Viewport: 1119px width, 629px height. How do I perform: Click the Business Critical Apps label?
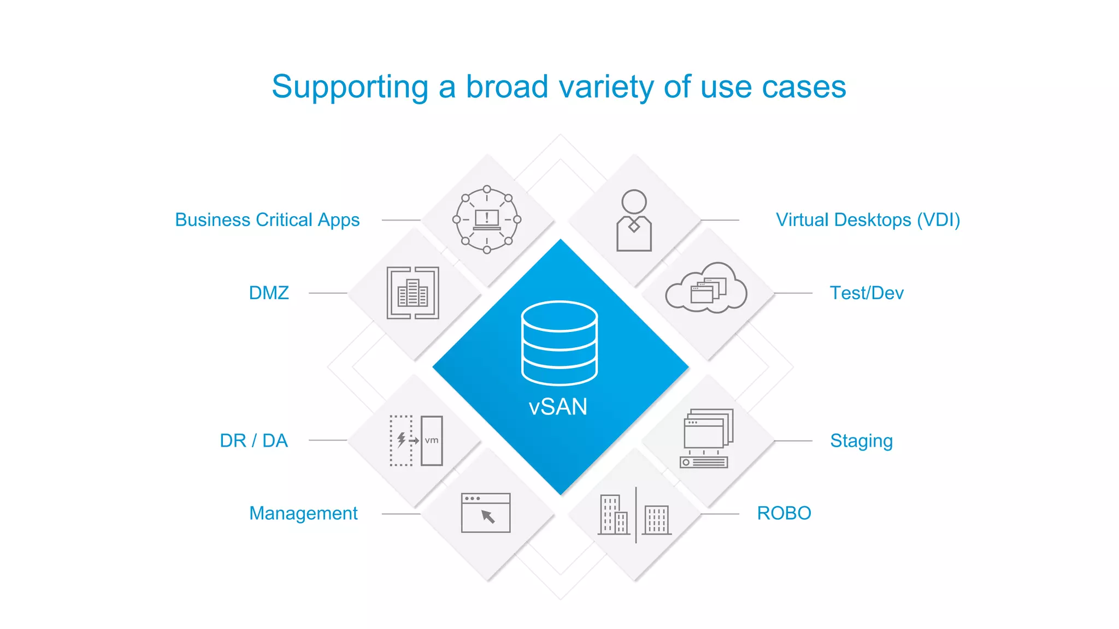tap(267, 220)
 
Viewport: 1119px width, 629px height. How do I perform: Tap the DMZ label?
tap(269, 293)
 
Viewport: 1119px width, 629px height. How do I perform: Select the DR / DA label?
tap(254, 441)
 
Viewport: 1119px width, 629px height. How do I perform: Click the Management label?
tap(303, 513)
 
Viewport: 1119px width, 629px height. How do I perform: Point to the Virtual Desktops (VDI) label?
tap(868, 220)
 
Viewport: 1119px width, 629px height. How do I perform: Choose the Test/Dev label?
tap(867, 293)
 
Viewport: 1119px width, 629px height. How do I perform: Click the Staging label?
tap(861, 441)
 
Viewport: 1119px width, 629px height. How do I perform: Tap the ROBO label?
tap(784, 513)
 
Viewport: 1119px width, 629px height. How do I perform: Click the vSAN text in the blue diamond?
tap(558, 407)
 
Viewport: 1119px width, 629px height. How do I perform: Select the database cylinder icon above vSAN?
tap(559, 343)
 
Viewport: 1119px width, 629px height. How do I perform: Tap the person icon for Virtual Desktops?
tap(634, 221)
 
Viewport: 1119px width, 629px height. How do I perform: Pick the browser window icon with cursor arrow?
tap(486, 513)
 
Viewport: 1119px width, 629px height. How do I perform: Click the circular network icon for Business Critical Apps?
tap(487, 220)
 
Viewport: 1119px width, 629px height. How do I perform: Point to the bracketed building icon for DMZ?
tap(413, 293)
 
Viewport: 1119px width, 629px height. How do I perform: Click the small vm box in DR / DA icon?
tap(432, 441)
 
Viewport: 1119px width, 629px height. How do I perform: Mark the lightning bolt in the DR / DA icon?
tap(402, 439)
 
